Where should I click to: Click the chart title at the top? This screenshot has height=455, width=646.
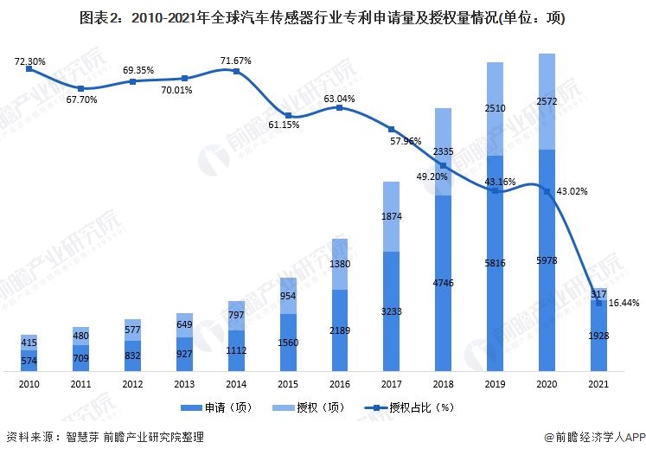point(323,18)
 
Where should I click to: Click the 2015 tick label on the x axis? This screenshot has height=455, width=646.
point(288,383)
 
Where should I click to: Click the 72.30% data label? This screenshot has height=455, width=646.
point(29,61)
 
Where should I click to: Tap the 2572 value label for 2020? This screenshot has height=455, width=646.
point(547,102)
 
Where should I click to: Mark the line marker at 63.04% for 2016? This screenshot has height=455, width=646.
point(340,108)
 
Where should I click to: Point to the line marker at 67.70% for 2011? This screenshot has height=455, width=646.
point(80,88)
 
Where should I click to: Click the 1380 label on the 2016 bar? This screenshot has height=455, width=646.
point(340,264)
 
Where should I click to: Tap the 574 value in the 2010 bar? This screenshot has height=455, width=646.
point(29,360)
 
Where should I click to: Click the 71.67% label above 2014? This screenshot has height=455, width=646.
point(236,61)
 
